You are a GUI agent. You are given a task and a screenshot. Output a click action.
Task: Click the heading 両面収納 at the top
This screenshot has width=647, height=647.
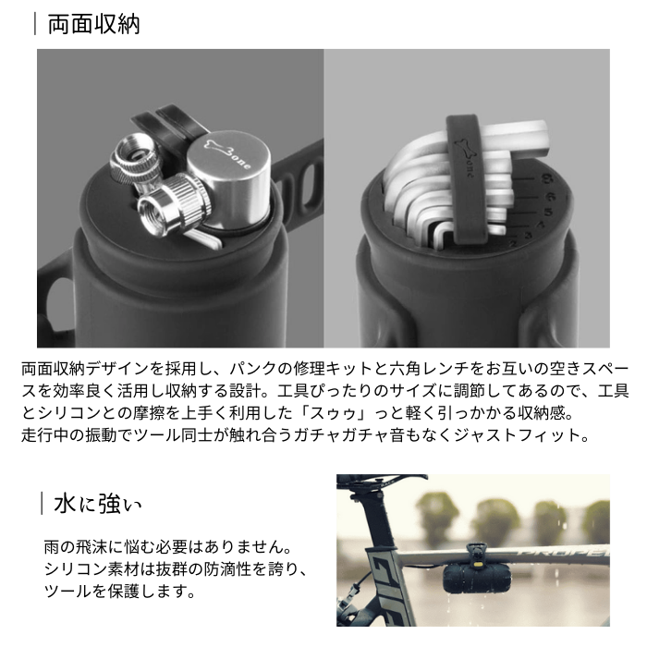[93, 23]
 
